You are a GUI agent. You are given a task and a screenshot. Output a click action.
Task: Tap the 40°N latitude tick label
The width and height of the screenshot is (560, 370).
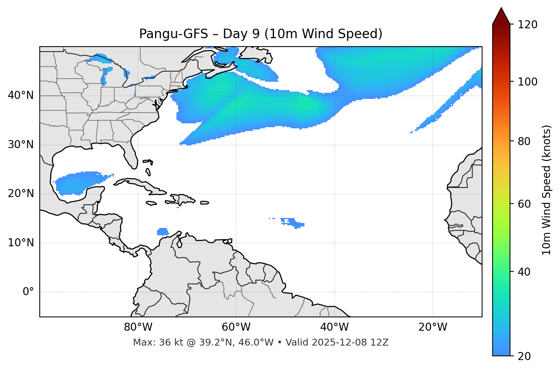pos(21,95)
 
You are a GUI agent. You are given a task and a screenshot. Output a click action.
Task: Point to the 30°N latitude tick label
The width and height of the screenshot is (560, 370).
pos(21,145)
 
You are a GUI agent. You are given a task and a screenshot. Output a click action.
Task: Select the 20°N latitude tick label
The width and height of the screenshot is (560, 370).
pos(21,194)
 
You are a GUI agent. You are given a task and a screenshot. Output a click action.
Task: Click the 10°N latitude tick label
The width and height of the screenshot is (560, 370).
pos(21,243)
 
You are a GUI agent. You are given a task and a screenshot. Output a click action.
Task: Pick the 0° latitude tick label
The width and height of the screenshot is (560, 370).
pos(28,292)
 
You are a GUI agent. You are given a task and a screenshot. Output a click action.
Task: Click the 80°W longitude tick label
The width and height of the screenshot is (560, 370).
pos(138,327)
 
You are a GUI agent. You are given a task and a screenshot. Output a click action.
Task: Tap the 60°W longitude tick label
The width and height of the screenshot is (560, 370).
pos(236,327)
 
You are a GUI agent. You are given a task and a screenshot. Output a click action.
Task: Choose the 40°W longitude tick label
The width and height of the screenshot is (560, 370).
pos(334,327)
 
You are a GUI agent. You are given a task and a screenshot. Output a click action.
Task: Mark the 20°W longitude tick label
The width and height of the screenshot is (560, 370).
pos(432,327)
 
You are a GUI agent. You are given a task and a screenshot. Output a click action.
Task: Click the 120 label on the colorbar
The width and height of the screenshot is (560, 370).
pos(528,25)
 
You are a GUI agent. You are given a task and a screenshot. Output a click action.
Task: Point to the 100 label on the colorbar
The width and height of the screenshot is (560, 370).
pos(528,82)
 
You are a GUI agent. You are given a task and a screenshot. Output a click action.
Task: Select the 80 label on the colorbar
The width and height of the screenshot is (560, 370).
pos(524,141)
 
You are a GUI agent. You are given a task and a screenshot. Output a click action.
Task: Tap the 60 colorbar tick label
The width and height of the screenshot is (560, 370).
pos(524,204)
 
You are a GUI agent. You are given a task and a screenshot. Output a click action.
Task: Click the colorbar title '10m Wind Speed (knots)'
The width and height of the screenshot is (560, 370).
pos(547,190)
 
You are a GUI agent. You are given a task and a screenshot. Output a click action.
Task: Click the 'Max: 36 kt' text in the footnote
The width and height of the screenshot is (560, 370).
pos(149,343)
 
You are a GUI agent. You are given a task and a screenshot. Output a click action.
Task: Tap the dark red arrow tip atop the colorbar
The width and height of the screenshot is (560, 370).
pos(501,15)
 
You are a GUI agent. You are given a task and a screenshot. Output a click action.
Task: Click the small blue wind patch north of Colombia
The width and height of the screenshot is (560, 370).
pos(163,231)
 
